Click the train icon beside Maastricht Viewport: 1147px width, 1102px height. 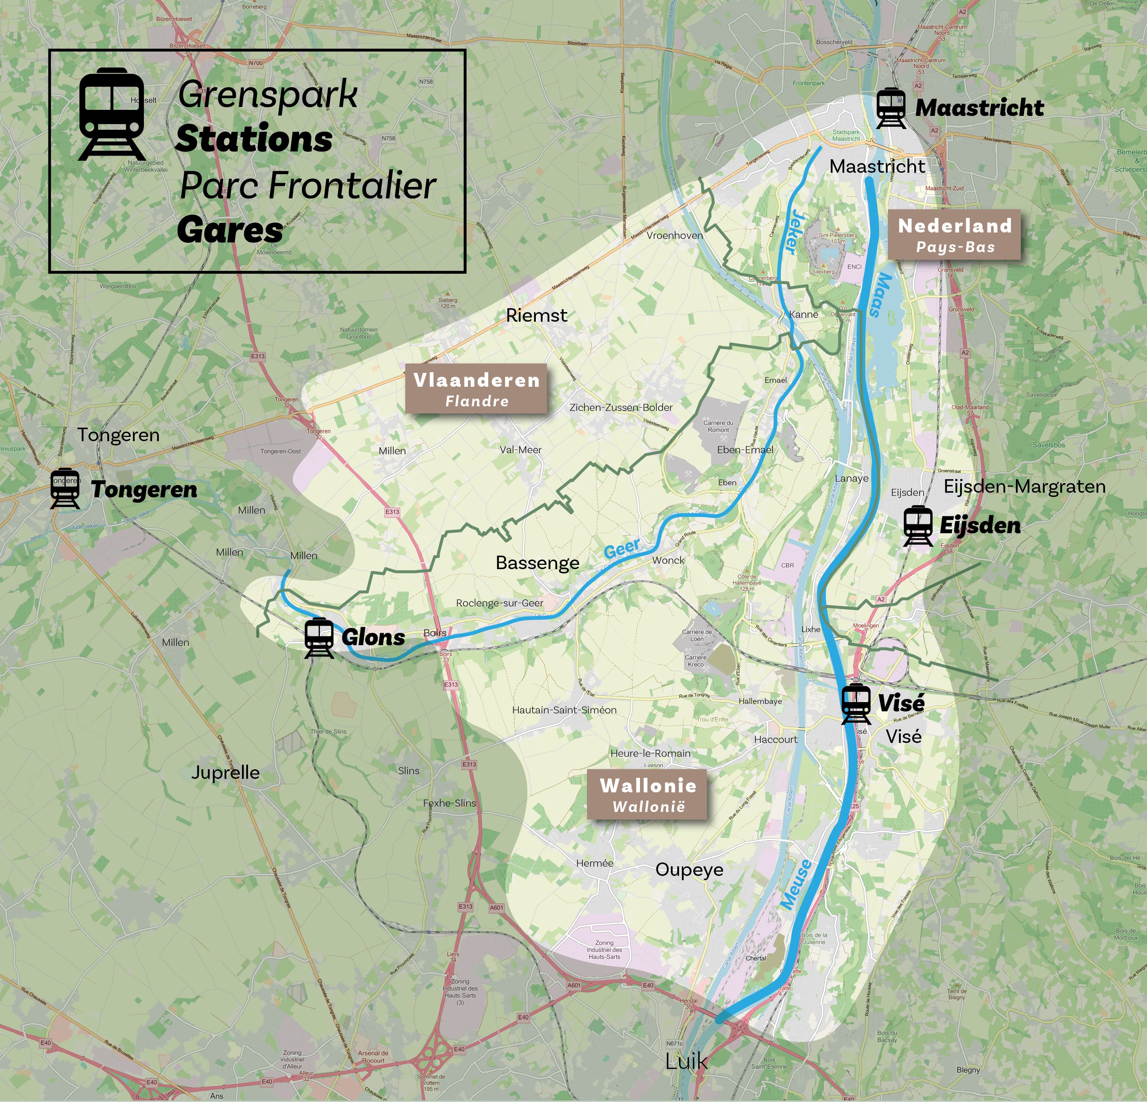tap(891, 108)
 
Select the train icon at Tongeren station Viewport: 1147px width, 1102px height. tap(65, 488)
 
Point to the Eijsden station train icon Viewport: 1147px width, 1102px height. tap(917, 525)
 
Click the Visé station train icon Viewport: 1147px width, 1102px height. tap(856, 703)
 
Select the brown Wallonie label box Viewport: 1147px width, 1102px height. tap(647, 795)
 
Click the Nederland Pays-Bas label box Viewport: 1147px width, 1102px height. tap(954, 234)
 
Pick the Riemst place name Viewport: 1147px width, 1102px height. tap(536, 316)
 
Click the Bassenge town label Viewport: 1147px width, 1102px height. tap(537, 563)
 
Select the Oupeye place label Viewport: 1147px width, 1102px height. tap(689, 870)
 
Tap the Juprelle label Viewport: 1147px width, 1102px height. tap(225, 772)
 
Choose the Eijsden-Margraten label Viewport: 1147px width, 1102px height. tap(1024, 487)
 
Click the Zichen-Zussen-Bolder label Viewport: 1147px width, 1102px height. tap(620, 407)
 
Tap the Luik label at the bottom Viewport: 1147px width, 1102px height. tap(686, 1061)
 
